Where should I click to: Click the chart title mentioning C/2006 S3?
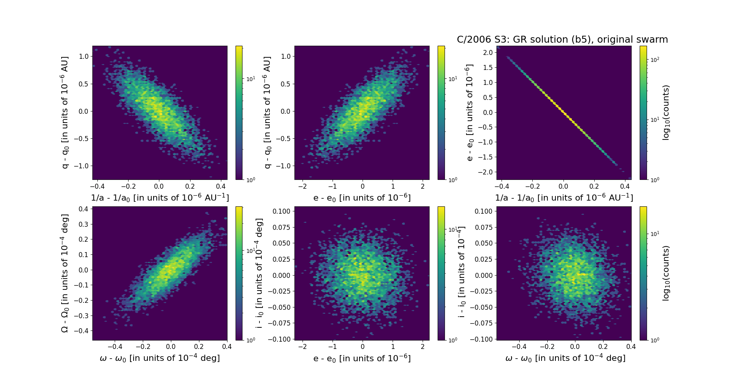click(562, 40)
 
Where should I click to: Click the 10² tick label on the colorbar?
click(654, 60)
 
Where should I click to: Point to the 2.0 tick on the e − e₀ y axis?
click(488, 53)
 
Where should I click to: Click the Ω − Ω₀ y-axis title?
click(65, 273)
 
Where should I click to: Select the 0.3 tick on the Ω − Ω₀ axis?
click(83, 224)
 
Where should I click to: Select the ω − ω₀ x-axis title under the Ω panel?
click(160, 358)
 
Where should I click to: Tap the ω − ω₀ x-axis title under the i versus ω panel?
click(565, 358)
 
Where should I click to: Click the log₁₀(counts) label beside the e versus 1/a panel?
click(666, 113)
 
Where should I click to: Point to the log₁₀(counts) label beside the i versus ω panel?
click(666, 273)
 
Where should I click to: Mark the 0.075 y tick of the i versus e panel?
click(281, 227)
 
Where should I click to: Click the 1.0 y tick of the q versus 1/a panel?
click(84, 56)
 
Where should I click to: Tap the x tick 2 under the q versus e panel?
click(423, 186)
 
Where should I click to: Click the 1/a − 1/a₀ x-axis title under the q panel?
click(160, 198)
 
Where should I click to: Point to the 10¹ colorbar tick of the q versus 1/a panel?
click(251, 79)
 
